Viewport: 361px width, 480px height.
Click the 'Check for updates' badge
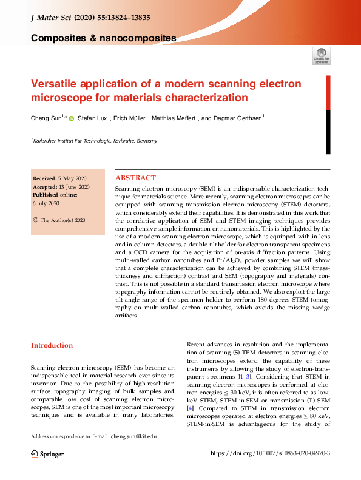coord(322,56)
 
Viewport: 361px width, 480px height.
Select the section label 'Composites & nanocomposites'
coord(103,38)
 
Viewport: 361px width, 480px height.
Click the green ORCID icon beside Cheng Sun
coord(71,118)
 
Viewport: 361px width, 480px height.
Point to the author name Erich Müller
coord(130,118)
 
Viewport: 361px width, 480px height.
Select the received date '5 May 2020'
coord(72,178)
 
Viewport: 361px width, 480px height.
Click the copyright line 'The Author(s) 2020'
coord(62,220)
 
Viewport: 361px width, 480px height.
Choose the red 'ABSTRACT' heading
coord(135,178)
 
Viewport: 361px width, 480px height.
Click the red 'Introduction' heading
coord(52,345)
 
